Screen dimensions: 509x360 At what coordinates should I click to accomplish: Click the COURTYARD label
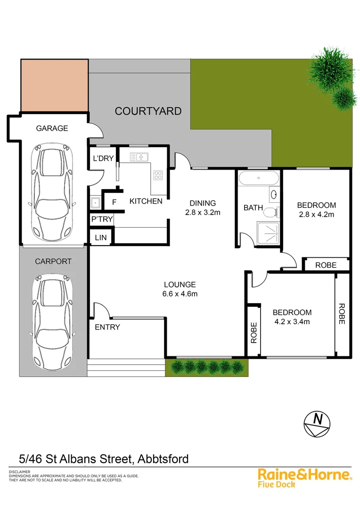point(148,111)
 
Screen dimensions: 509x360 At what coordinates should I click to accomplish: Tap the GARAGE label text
point(53,128)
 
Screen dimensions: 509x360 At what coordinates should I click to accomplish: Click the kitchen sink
point(139,157)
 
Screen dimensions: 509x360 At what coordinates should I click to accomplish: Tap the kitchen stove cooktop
point(158,175)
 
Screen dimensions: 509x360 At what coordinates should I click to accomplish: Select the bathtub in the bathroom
point(258,179)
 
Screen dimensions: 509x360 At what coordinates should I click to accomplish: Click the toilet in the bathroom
point(270,212)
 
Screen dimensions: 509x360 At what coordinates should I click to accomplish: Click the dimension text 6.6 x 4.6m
point(180,294)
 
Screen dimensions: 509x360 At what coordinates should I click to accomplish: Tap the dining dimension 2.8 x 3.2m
point(203,213)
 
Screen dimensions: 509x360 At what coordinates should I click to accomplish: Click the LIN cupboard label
point(101,238)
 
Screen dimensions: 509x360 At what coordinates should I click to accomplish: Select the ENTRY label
point(107,327)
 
